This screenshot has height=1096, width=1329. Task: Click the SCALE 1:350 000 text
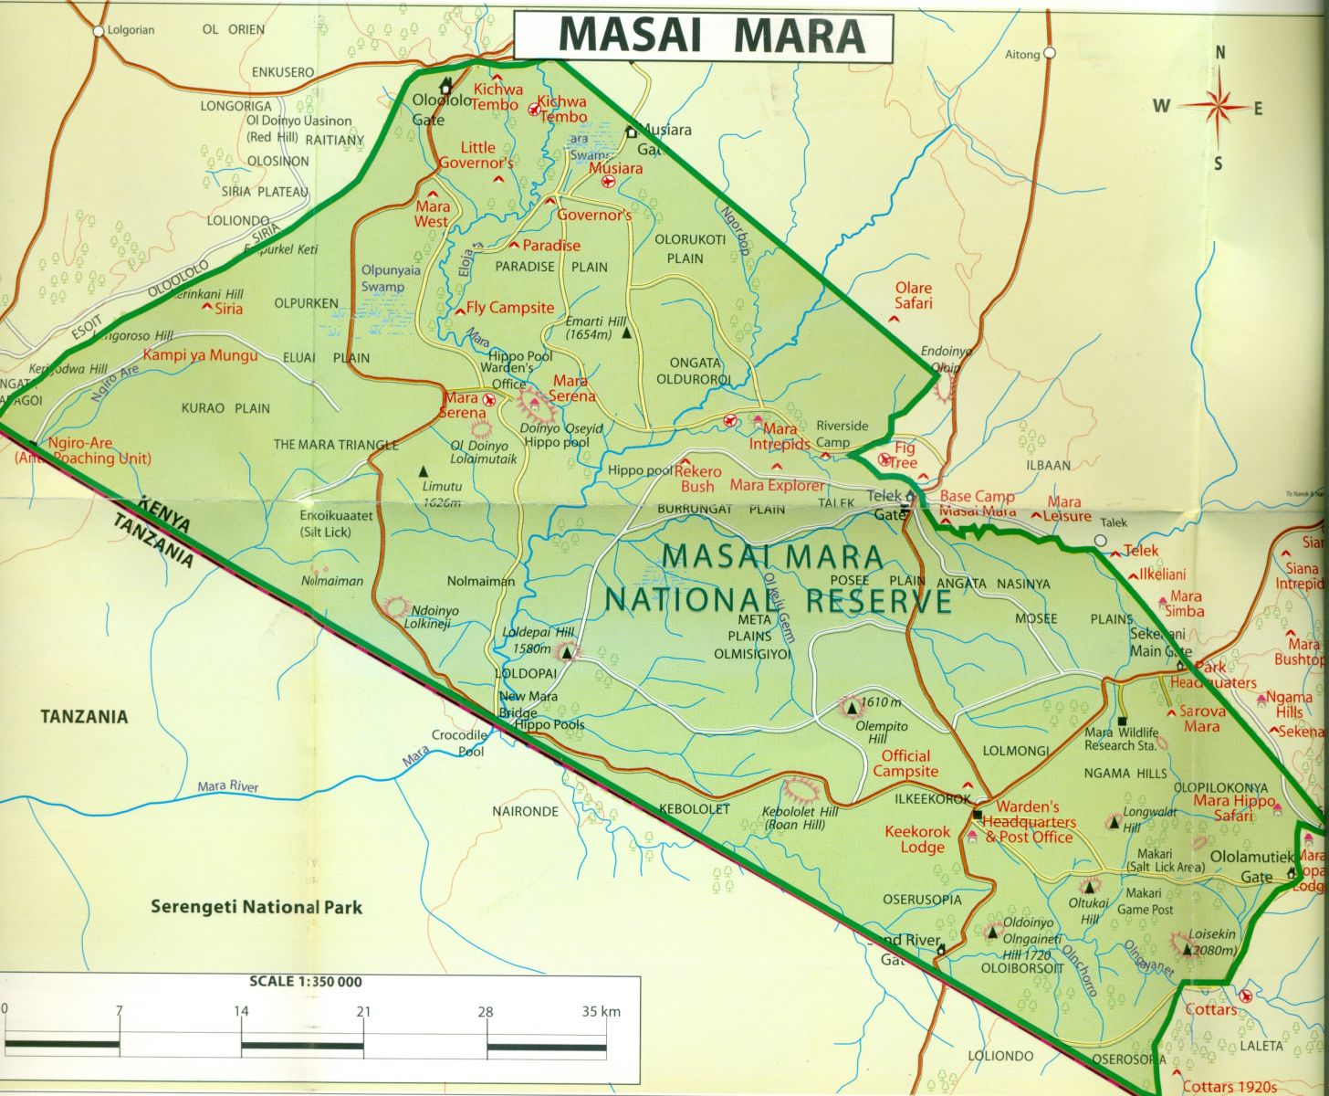click(x=306, y=982)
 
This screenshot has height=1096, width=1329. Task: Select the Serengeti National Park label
click(x=256, y=907)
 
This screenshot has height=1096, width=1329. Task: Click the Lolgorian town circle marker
click(x=99, y=30)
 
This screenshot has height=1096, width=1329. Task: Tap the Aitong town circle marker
click(x=1050, y=53)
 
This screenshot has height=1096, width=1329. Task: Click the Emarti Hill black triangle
click(x=626, y=333)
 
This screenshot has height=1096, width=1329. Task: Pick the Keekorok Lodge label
click(x=917, y=839)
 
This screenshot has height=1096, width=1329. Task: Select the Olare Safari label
click(x=913, y=295)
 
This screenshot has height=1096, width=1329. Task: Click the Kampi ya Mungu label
click(x=201, y=355)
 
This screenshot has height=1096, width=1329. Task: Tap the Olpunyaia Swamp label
click(x=382, y=279)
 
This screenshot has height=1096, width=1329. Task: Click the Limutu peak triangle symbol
click(x=423, y=471)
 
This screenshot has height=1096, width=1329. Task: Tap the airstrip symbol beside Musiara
click(x=608, y=182)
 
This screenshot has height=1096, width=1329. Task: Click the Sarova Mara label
click(x=1201, y=718)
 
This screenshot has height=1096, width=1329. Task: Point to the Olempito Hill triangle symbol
click(x=853, y=706)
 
